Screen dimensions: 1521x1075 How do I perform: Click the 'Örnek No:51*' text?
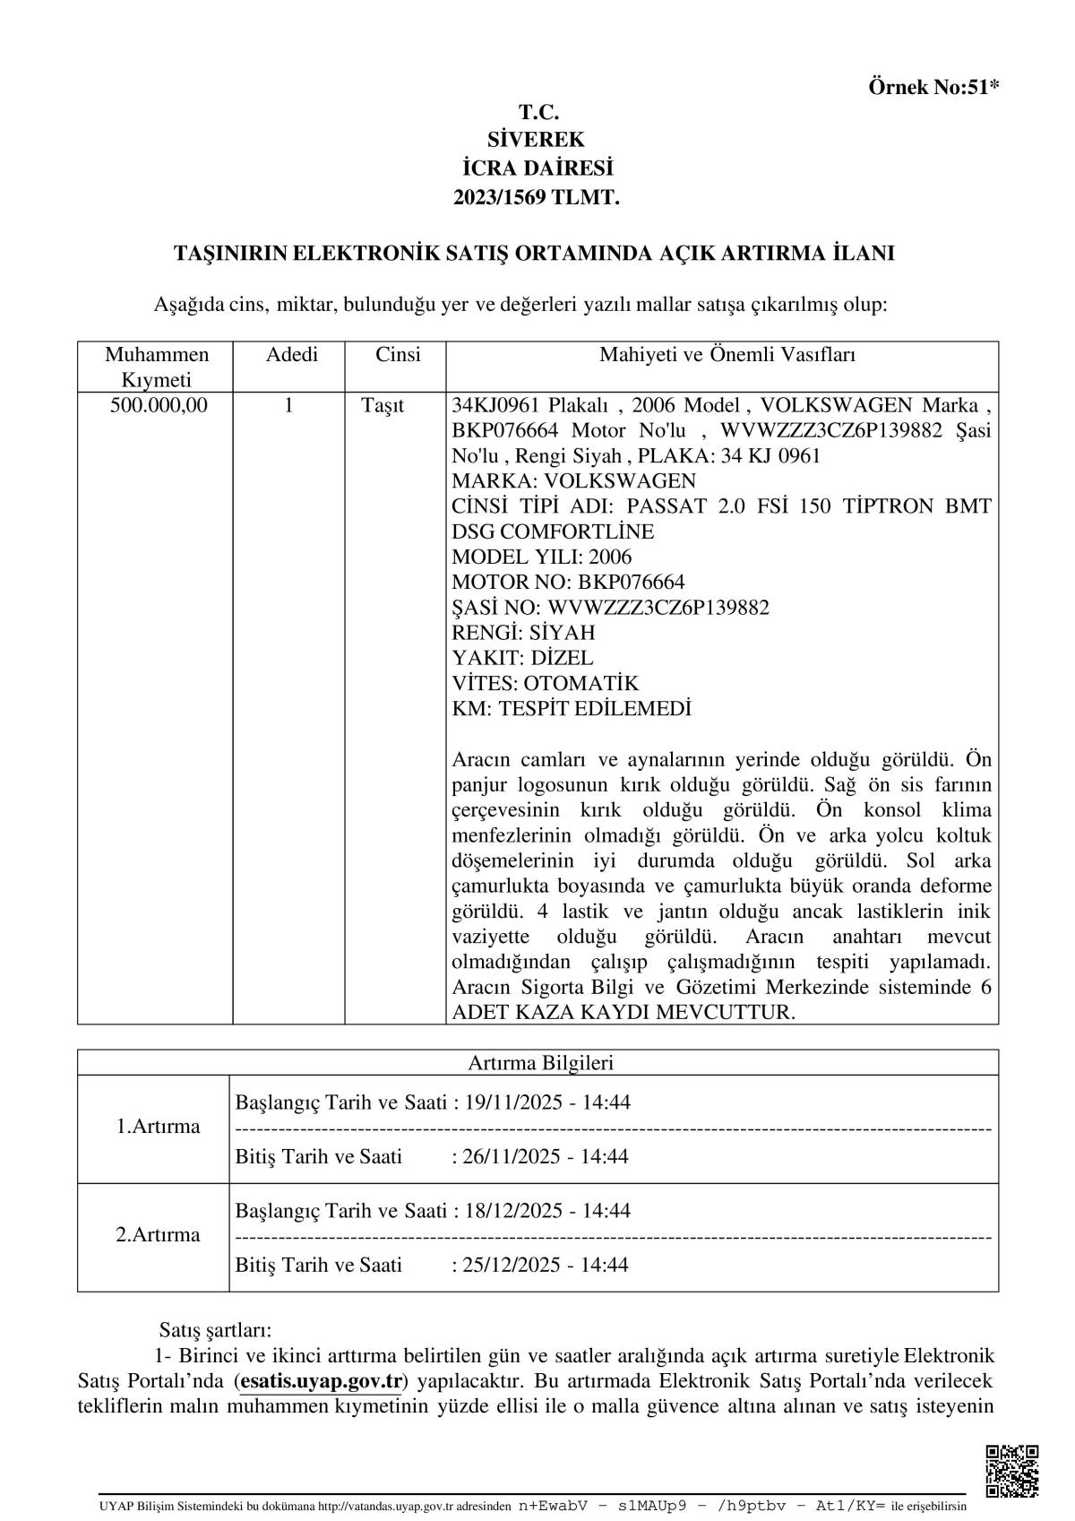[x=933, y=87]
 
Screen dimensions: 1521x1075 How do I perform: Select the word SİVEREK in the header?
[x=537, y=140]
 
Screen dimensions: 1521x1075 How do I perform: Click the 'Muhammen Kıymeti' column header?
[x=156, y=367]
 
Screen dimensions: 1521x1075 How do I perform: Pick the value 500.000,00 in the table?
[x=159, y=405]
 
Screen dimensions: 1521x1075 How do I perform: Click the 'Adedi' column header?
[x=292, y=355]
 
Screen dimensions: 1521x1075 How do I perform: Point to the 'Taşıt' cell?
[x=383, y=405]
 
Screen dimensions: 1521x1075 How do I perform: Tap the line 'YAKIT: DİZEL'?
[x=522, y=658]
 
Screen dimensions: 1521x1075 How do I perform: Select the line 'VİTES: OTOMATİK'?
[x=546, y=683]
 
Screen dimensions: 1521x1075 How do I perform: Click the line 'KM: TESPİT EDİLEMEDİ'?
[x=572, y=709]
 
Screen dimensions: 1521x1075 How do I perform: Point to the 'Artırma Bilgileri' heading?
[x=540, y=1063]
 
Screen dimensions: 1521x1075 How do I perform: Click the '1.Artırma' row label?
[x=158, y=1127]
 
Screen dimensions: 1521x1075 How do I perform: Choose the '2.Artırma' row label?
[x=158, y=1235]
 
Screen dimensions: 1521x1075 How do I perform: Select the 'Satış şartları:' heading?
[x=215, y=1329]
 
